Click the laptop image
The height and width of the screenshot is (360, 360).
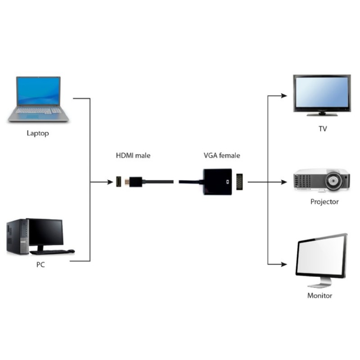click(39, 99)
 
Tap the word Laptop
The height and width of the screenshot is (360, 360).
click(38, 133)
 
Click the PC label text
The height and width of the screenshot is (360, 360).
click(40, 265)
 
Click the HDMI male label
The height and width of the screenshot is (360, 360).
click(133, 155)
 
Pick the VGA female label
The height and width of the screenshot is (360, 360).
click(222, 155)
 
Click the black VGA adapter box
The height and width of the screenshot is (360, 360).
click(217, 182)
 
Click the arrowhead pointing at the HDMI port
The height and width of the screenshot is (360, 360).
click(109, 182)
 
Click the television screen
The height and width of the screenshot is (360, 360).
click(321, 92)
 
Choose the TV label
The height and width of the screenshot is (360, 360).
click(323, 129)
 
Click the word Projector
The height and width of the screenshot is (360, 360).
click(324, 202)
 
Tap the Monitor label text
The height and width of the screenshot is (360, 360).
click(319, 296)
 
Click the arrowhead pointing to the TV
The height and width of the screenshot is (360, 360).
click(283, 95)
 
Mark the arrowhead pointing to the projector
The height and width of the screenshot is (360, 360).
click(283, 182)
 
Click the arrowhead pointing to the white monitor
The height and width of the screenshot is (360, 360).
click(283, 264)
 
